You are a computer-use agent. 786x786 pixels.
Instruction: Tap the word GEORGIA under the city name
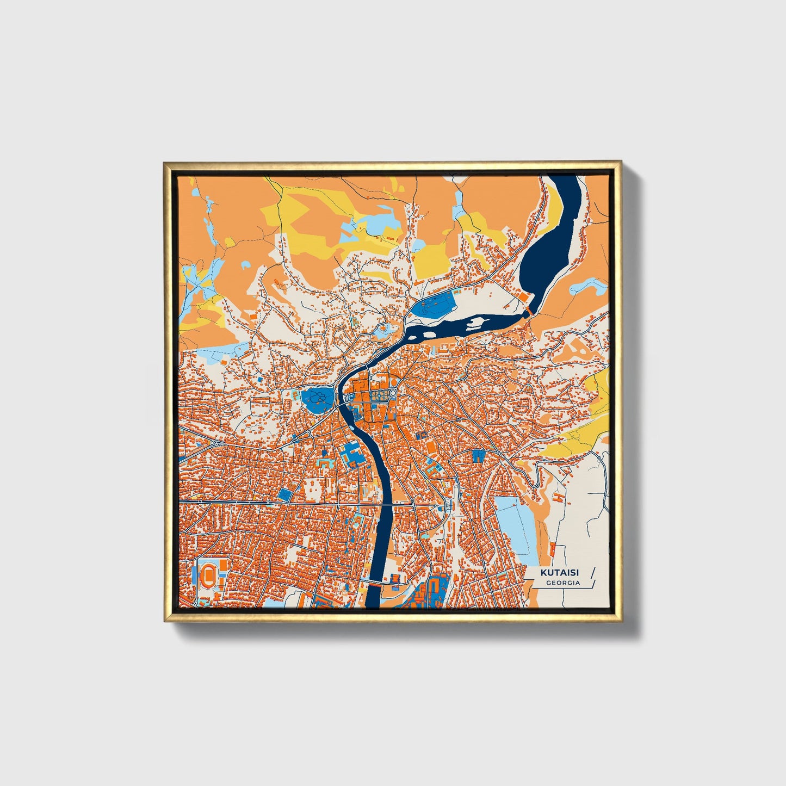pos(563,583)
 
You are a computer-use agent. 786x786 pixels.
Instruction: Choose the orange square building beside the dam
pos(522,296)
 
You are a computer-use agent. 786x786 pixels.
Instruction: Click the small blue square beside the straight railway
pos(285,494)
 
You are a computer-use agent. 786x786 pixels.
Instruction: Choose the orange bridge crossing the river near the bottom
pos(375,583)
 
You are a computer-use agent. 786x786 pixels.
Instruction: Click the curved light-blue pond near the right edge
pos(594,286)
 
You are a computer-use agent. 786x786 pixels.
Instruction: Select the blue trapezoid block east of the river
pos(478,456)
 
